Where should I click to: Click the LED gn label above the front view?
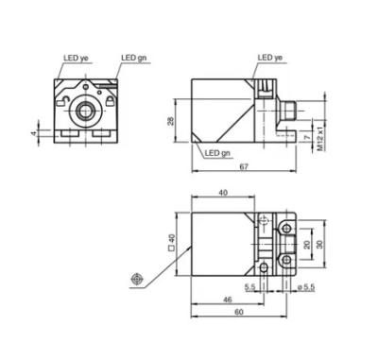[134, 58]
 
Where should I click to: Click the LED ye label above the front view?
[77, 58]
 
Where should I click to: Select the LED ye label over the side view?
[270, 58]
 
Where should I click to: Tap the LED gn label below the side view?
[217, 153]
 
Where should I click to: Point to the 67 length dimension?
[244, 167]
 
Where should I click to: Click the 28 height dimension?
[170, 121]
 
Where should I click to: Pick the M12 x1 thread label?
[320, 139]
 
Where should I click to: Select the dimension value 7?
[308, 137]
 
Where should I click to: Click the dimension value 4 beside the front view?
[34, 133]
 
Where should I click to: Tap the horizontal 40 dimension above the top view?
[223, 193]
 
